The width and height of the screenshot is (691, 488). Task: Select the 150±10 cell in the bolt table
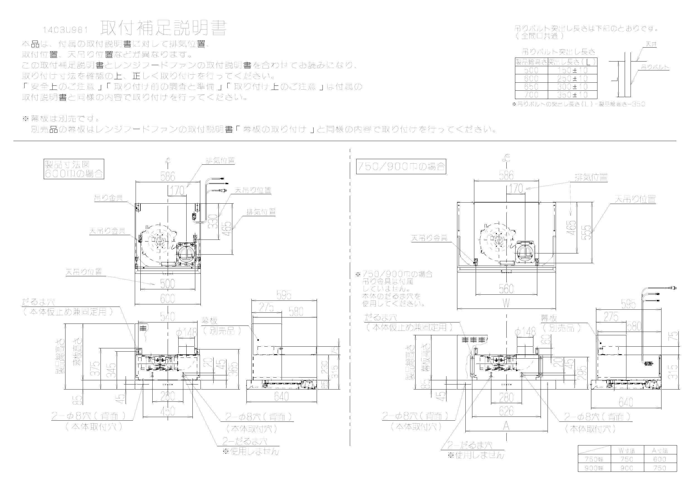pyautogui.click(x=572, y=70)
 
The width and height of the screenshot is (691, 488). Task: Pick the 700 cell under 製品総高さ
pyautogui.click(x=531, y=95)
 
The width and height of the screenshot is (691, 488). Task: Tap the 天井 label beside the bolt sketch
pyautogui.click(x=651, y=44)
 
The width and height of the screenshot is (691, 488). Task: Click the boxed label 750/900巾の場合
pyautogui.click(x=401, y=166)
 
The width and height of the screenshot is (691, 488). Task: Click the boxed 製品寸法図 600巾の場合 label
pyautogui.click(x=74, y=169)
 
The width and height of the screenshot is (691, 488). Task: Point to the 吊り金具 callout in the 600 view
pyautogui.click(x=108, y=198)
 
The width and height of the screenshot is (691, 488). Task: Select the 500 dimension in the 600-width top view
pyautogui.click(x=167, y=284)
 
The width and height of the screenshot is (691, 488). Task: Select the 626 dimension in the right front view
pyautogui.click(x=506, y=411)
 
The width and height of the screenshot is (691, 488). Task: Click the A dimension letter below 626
pyautogui.click(x=506, y=426)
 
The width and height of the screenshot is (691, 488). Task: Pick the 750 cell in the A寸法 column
pyautogui.click(x=660, y=468)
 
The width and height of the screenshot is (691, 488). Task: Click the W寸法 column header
pyautogui.click(x=627, y=451)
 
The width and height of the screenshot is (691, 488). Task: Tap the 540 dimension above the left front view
pyautogui.click(x=167, y=317)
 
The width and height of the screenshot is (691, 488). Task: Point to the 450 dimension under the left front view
pyautogui.click(x=167, y=411)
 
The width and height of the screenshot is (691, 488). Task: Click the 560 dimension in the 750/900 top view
pyautogui.click(x=506, y=289)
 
